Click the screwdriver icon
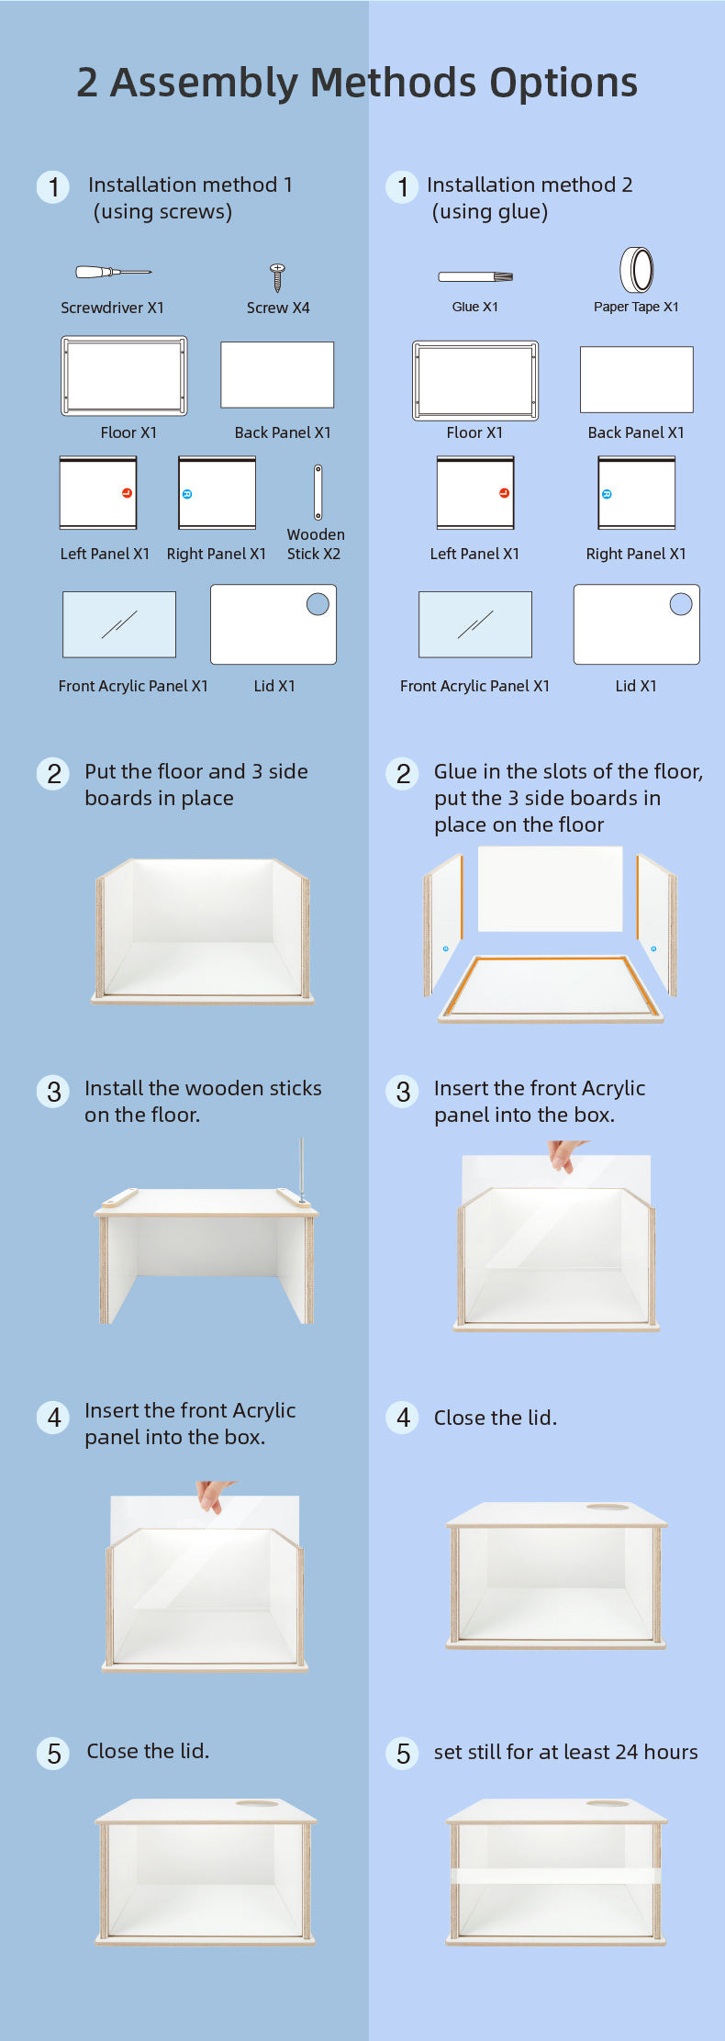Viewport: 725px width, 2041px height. [113, 272]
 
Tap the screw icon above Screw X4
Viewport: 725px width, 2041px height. [277, 277]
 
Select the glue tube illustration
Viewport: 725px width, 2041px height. [475, 276]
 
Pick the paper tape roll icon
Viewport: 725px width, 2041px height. [637, 270]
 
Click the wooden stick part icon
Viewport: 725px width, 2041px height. [318, 492]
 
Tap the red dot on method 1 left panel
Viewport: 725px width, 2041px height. [127, 493]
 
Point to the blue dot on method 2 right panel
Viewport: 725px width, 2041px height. [607, 494]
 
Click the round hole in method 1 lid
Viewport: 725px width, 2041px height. [318, 604]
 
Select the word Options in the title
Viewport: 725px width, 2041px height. [563, 83]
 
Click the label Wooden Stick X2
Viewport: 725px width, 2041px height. [315, 544]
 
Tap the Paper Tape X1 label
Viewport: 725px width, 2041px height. [636, 307]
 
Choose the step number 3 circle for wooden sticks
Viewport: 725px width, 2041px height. [53, 1092]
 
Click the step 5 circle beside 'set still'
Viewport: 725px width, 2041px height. [403, 1753]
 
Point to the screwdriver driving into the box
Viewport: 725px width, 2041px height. [301, 1170]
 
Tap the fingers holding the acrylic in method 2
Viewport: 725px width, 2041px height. [566, 1155]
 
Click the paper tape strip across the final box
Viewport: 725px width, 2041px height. [555, 1876]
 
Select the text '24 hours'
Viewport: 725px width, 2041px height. [656, 1752]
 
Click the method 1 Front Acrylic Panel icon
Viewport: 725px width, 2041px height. [119, 624]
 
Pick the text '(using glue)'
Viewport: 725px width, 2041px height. [490, 212]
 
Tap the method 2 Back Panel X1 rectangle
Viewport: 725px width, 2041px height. [637, 379]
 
